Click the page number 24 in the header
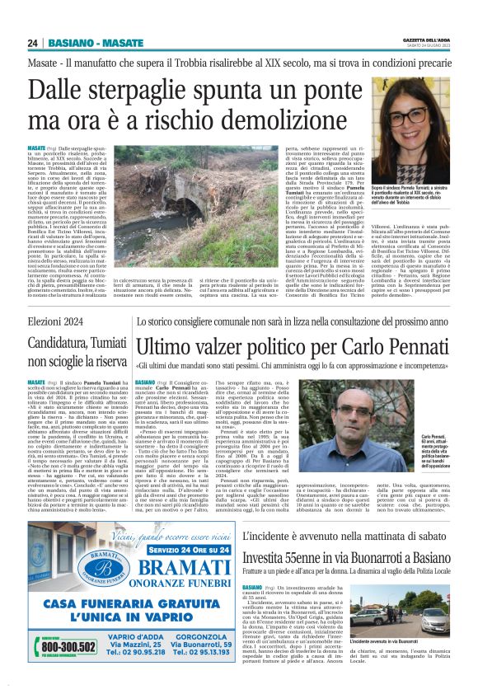point(32,42)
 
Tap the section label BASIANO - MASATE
point(85,42)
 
